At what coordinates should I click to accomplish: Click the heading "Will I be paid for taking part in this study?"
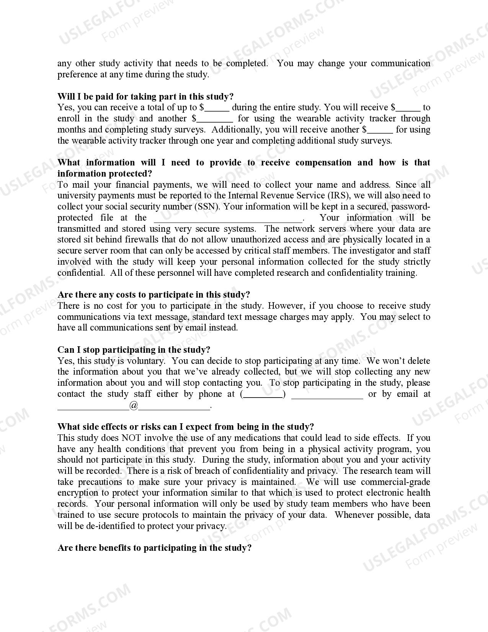tap(145, 97)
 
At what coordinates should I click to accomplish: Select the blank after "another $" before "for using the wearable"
tap(215, 119)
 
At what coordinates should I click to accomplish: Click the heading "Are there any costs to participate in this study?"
tap(153, 295)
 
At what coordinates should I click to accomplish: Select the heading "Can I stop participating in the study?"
tap(134, 350)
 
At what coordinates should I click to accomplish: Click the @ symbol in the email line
tap(134, 405)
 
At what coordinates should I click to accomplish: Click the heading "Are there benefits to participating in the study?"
tap(154, 548)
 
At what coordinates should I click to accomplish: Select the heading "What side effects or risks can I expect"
tap(186, 427)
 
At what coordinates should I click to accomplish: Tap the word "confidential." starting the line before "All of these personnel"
tap(81, 273)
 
